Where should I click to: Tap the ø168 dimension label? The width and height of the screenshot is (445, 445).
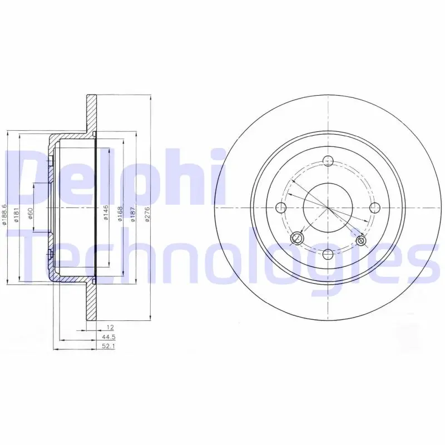120,214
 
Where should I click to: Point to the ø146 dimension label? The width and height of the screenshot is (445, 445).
106,213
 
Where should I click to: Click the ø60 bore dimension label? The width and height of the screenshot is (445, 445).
31,214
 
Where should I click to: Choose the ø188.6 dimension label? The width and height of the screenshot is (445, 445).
4,215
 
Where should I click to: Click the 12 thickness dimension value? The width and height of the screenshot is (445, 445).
110,328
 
